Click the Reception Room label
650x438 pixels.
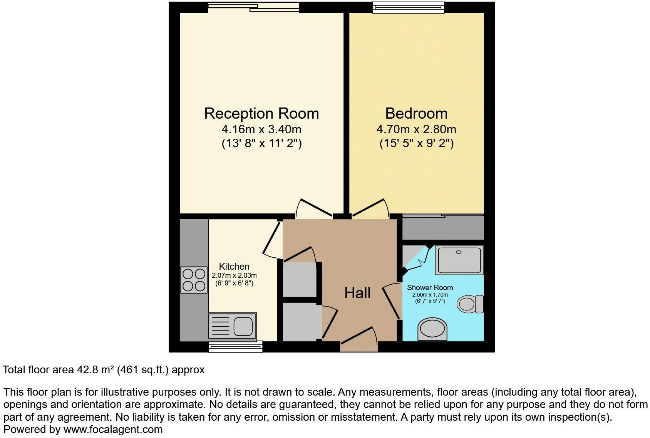pyautogui.click(x=261, y=114)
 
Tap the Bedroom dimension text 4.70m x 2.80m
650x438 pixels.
pyautogui.click(x=416, y=129)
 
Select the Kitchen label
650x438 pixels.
pyautogui.click(x=234, y=266)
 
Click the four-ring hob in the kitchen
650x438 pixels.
pyautogui.click(x=194, y=280)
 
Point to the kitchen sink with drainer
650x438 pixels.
pyautogui.click(x=233, y=326)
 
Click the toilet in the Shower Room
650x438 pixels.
pyautogui.click(x=470, y=304)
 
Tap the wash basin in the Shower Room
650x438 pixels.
pyautogui.click(x=432, y=329)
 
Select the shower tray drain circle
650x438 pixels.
pyautogui.click(x=458, y=252)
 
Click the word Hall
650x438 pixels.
pyautogui.click(x=357, y=293)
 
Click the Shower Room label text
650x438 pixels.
pyautogui.click(x=430, y=287)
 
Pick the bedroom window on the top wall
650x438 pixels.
pyautogui.click(x=408, y=7)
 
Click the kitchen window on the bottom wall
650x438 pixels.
pyautogui.click(x=236, y=347)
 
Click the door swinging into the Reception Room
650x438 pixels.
pyautogui.click(x=314, y=208)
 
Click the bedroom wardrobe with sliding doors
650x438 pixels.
pyautogui.click(x=443, y=227)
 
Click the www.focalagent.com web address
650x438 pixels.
pyautogui.click(x=113, y=429)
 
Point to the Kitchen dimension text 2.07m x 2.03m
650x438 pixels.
pyautogui.click(x=234, y=275)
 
